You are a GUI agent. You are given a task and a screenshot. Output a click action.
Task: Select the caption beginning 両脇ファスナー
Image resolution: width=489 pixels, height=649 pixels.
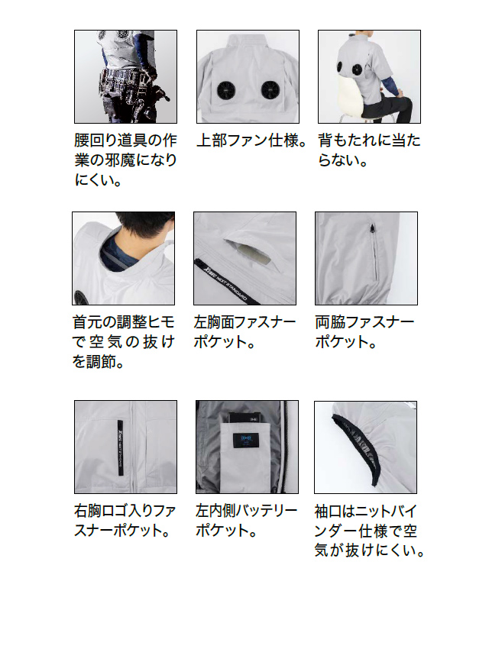365,331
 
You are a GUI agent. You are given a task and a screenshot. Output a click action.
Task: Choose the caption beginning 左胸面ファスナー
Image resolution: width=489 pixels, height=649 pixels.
244,331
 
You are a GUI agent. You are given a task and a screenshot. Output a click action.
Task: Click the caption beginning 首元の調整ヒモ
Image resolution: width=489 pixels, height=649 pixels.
124,341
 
